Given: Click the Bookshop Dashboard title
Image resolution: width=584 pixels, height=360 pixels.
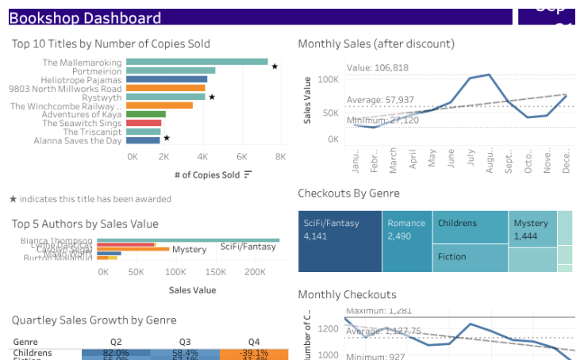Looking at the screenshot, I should pos(85,17).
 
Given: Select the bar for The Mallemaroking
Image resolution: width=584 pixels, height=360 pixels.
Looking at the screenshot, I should pos(197,62).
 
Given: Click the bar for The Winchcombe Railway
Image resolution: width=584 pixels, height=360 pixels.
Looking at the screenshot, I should pos(159,105).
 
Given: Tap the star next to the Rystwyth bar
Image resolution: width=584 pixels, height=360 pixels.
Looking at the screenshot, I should pos(212,98).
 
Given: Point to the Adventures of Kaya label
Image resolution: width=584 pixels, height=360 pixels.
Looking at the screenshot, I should pos(83,114).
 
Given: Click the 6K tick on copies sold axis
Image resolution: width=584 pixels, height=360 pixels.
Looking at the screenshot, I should pos(242,157).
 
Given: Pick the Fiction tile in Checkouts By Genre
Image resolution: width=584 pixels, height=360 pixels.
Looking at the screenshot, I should pos(470,258).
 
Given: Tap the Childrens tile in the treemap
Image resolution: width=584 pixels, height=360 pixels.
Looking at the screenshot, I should pos(470,226).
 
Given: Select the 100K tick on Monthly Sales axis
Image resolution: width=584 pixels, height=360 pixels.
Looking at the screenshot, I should pos(328,80).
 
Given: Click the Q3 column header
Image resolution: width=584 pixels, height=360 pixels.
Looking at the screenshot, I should pos(185,342).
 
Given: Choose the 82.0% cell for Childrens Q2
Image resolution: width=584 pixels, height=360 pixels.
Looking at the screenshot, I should pos(116,353).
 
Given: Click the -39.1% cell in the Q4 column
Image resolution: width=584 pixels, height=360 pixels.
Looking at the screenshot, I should pos(254,353).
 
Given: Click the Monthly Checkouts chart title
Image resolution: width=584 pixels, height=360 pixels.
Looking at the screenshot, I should pos(347,294).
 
